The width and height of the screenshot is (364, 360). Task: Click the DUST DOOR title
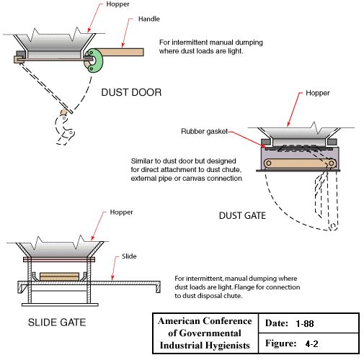click(x=132, y=93)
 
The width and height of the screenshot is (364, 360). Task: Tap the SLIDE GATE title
click(x=56, y=322)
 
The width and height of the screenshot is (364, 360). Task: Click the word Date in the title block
click(x=272, y=323)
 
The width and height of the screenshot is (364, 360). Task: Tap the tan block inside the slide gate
click(x=59, y=276)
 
